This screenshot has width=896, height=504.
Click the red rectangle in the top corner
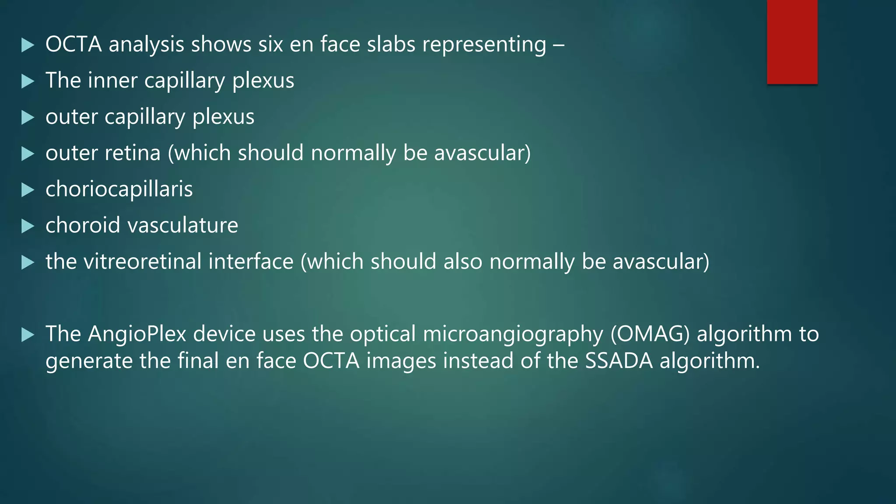pos(792,42)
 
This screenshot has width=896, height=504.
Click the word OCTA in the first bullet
pos(73,45)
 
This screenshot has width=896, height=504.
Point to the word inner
pos(112,80)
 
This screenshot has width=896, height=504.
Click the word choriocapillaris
pos(119,189)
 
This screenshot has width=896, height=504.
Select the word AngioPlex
pos(137,334)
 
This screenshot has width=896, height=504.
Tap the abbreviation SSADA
pos(619,361)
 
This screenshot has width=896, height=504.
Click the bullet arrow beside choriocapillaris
pos(28,190)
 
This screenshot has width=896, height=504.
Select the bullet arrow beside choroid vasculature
pos(28,226)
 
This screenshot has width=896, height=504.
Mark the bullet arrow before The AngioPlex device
pos(28,335)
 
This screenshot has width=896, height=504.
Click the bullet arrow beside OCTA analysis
pos(28,45)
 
